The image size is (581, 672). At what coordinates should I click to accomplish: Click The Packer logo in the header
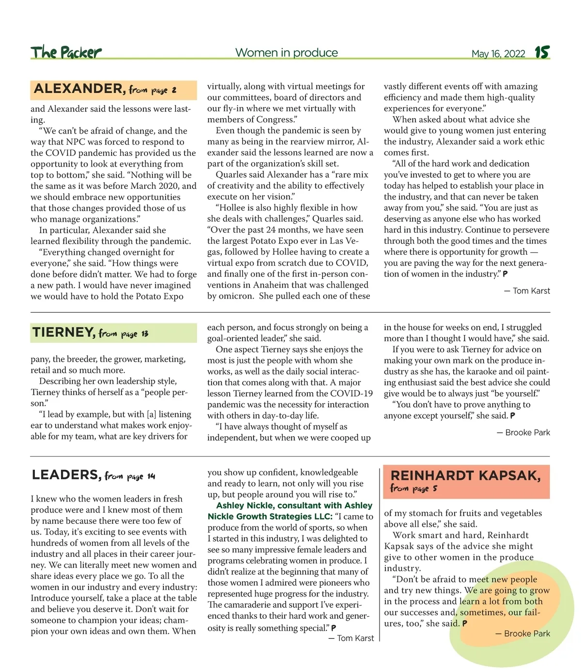[x=66, y=52]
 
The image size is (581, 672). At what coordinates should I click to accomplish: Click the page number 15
[x=542, y=52]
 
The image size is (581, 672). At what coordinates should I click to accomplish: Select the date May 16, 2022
[x=498, y=54]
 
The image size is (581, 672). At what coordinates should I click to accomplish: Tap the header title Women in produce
[x=287, y=53]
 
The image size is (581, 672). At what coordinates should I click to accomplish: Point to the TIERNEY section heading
[x=63, y=333]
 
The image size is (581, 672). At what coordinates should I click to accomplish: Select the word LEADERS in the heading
[x=66, y=475]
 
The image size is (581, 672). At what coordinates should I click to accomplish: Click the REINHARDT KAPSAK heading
[x=465, y=475]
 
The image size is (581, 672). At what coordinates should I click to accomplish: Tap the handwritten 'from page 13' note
[x=123, y=334]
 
